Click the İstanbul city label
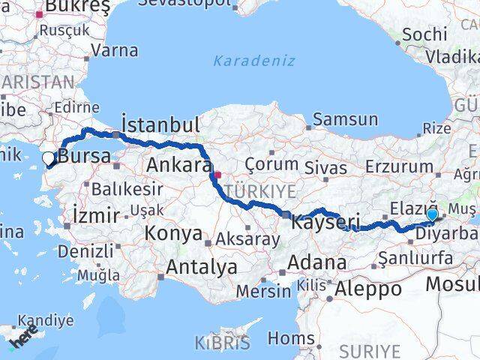coord(160,124)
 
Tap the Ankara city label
coord(178,165)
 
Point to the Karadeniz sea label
coord(254,61)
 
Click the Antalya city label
coord(201,266)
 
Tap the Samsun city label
coord(345,118)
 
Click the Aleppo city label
coord(368,288)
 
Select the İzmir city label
coord(97,217)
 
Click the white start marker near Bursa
coord(49,158)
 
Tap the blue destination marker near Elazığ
coord(432,215)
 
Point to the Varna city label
coord(113,52)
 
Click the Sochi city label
coord(424,34)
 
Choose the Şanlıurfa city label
coord(415,259)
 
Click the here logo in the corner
coord(22,337)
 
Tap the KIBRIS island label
coord(223,343)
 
